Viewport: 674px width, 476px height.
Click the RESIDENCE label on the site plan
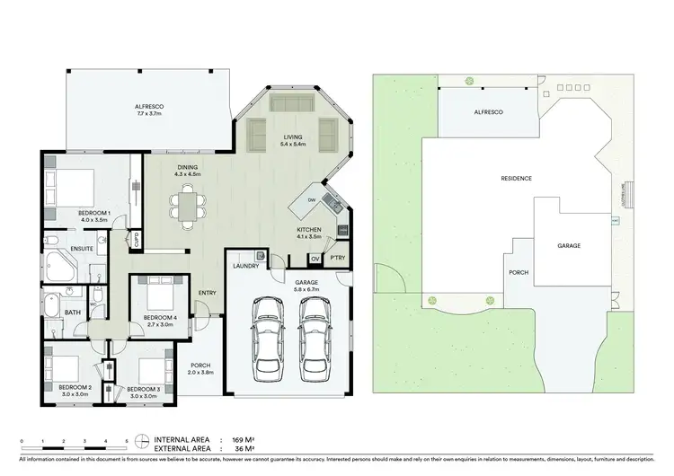[x=516, y=179]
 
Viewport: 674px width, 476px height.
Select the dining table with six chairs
[x=187, y=204]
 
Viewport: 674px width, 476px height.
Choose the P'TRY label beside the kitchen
[x=338, y=259]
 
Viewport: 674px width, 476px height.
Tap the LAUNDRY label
[x=245, y=266]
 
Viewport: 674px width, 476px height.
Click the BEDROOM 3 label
[x=144, y=388]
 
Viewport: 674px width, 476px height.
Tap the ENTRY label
[x=208, y=293]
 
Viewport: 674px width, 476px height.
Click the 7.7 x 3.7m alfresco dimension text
[x=148, y=114]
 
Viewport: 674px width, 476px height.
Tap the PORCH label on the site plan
[x=519, y=273]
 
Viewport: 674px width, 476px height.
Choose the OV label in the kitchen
[x=315, y=259]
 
